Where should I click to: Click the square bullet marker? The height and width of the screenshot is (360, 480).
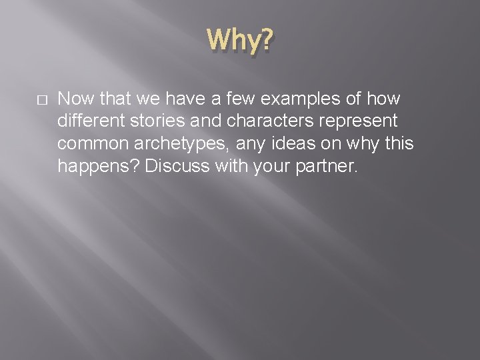click(x=41, y=99)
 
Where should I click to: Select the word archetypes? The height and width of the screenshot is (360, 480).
click(x=174, y=143)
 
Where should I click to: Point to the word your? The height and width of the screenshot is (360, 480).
click(x=270, y=166)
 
